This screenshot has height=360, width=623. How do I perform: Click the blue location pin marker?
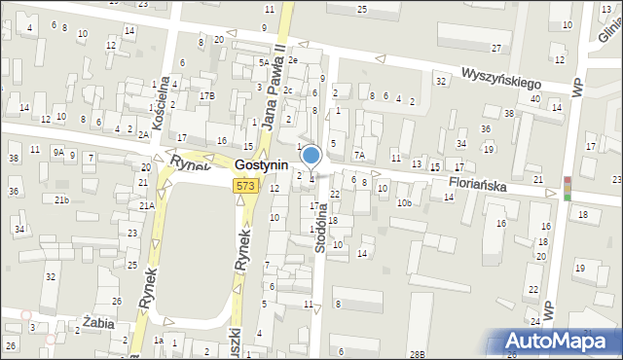311,156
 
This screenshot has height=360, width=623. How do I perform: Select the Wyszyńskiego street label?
500,75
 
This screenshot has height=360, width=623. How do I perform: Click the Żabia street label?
98,323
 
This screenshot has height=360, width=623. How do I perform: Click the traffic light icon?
568,188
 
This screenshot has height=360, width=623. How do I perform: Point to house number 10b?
404,202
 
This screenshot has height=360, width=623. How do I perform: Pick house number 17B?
206,95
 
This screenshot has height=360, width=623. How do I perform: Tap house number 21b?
61,199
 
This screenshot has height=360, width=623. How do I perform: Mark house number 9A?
59,152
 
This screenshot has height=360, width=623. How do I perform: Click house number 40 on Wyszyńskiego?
534,98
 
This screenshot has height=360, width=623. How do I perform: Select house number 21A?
146,206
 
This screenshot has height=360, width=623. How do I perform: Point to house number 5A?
263,62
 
